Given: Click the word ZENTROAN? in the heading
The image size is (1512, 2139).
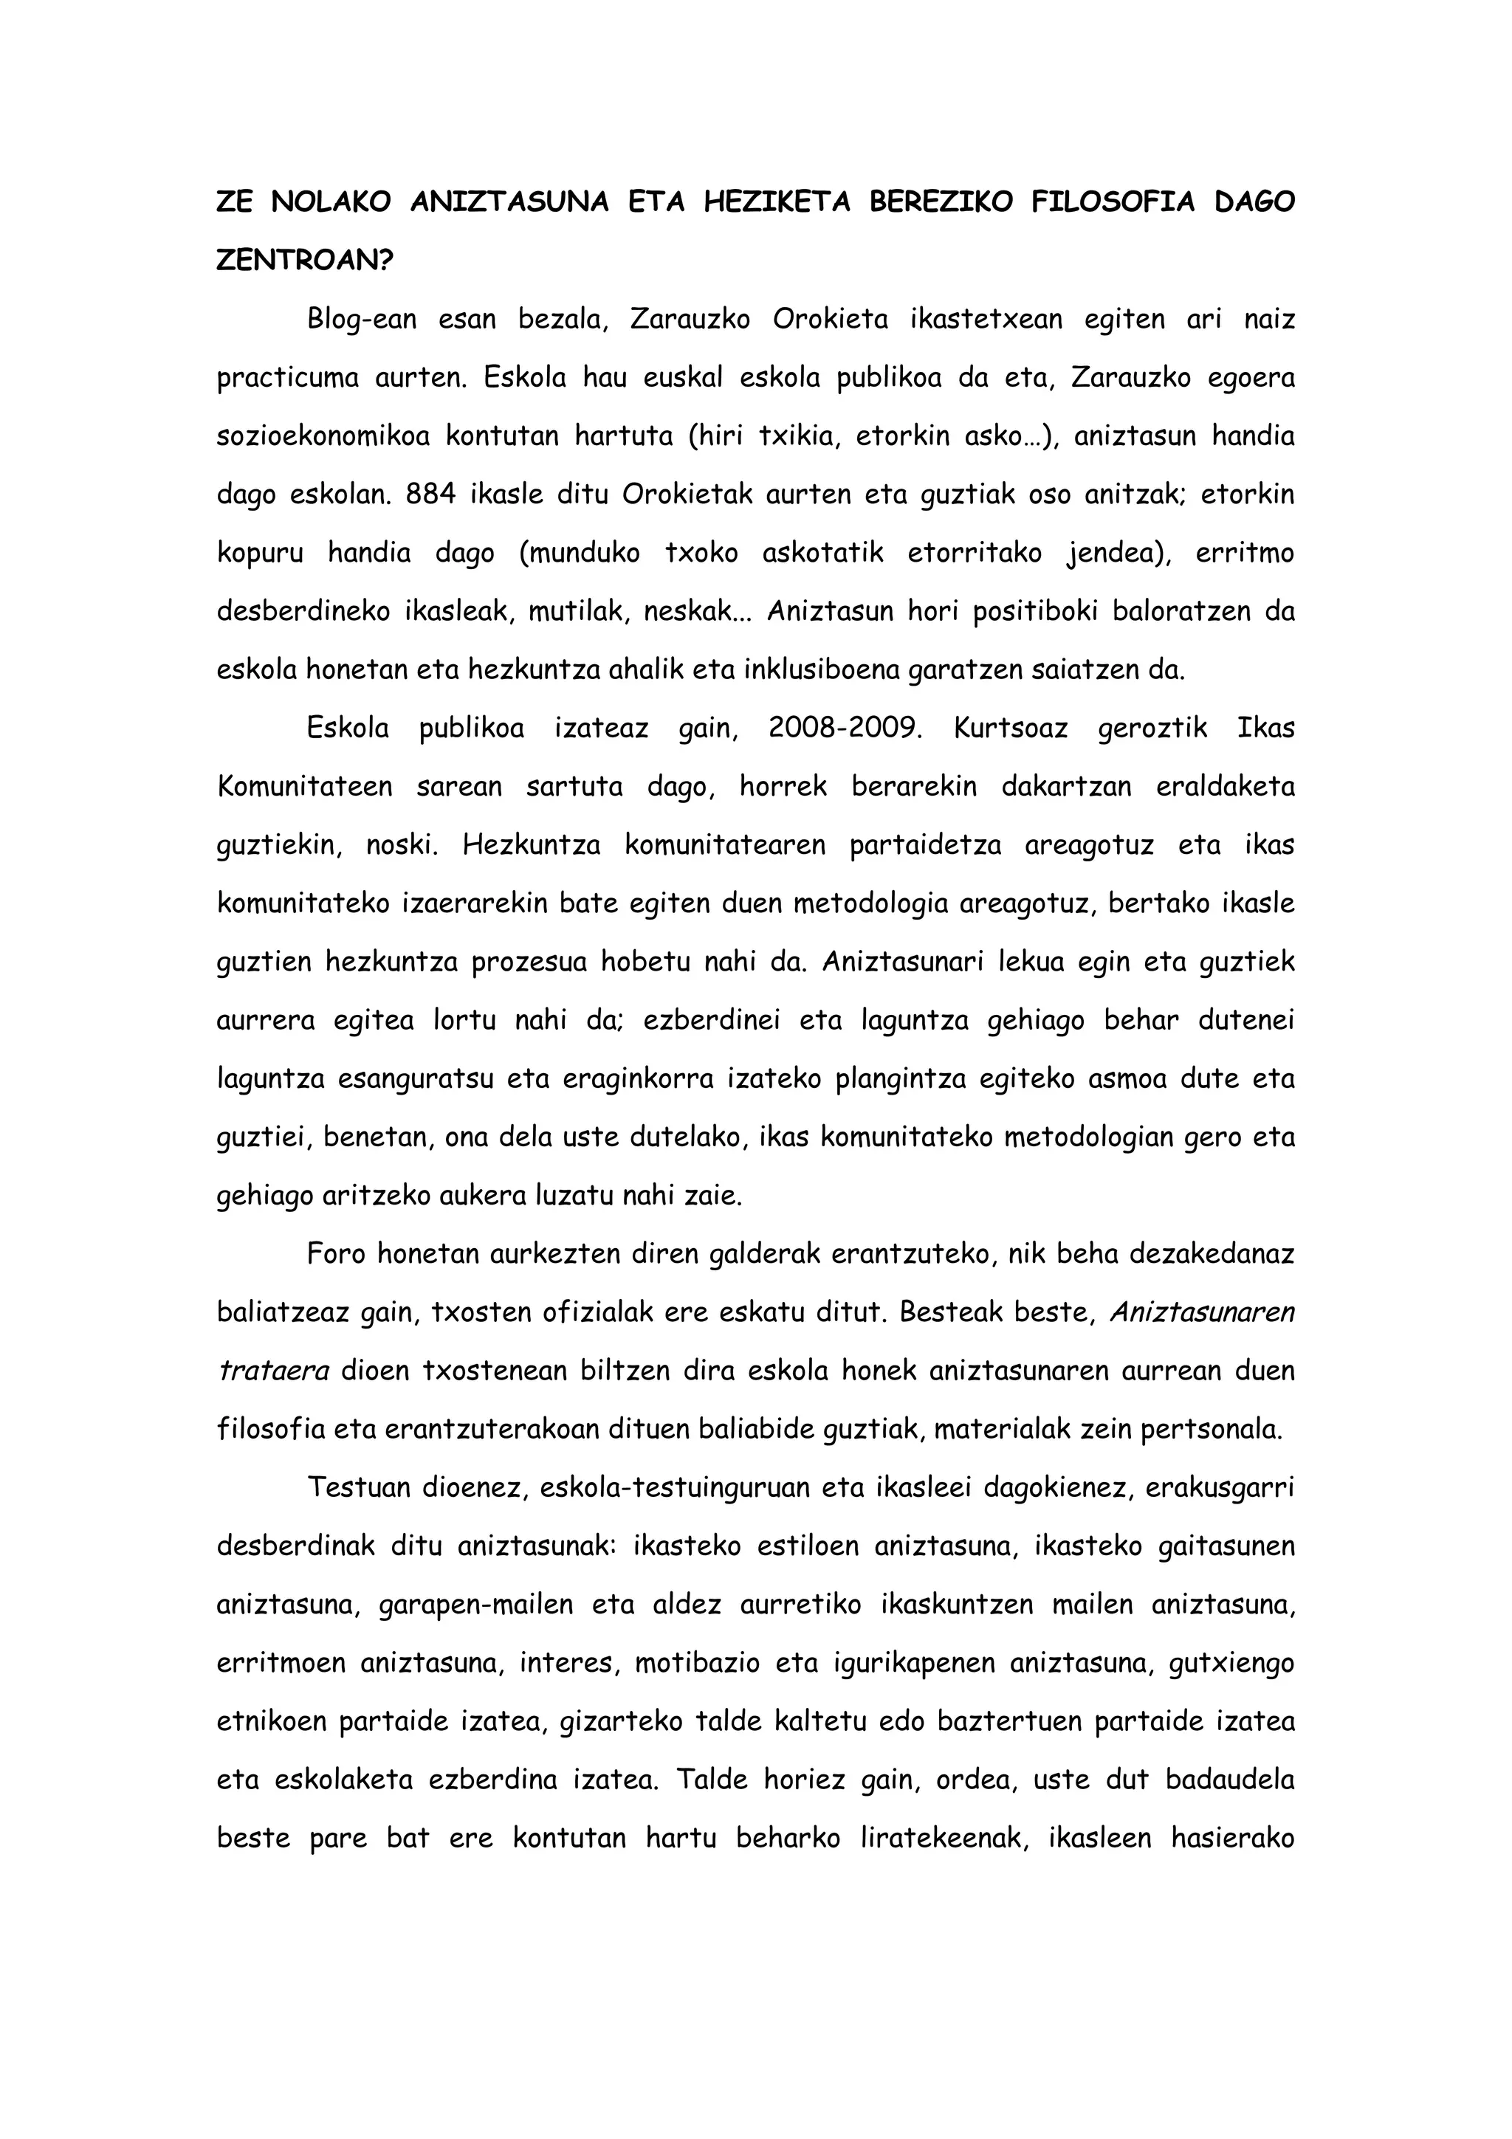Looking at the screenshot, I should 305,260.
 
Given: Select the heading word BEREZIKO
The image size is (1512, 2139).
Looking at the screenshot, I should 940,202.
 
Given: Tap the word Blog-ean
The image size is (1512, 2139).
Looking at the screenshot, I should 362,320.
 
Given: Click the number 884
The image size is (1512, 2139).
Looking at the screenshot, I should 430,495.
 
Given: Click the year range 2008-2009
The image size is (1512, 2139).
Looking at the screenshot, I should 845,728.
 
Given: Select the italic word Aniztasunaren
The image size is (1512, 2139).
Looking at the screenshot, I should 1202,1312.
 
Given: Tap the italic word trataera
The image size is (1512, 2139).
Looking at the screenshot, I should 273,1371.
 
